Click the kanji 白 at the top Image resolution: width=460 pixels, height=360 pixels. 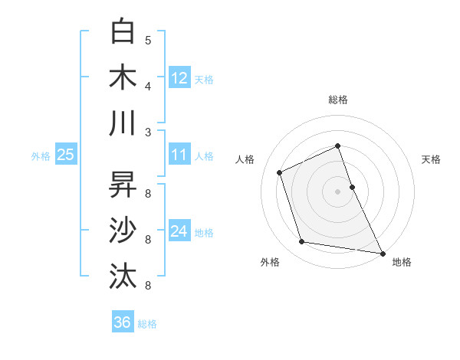coord(123,32)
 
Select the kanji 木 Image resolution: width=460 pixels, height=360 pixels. coord(123,77)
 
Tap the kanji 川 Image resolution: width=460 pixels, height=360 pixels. coord(123,123)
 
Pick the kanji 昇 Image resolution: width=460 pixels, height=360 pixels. coord(123,185)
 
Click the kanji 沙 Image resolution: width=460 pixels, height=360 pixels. coord(123,230)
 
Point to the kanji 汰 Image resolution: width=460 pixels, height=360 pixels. coord(123,275)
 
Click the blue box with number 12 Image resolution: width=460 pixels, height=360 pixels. coord(179,77)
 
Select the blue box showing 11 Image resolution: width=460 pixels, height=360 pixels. coord(179,155)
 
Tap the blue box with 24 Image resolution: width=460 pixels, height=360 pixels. coord(179,232)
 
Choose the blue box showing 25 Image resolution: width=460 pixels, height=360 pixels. coord(65,155)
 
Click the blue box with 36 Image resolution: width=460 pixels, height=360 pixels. coord(123,322)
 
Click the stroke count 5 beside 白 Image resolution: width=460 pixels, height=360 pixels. coord(148,41)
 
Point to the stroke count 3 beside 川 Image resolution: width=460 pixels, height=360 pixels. coord(148,132)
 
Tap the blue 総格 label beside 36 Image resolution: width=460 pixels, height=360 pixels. coord(147,324)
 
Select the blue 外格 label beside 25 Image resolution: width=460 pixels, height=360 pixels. coord(41,156)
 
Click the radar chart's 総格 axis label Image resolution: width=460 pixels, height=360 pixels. coord(338,100)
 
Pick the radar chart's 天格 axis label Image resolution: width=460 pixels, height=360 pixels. coord(431,159)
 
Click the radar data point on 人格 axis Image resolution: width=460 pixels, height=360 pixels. coord(280,172)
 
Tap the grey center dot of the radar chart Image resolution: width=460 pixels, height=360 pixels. coord(337,191)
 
